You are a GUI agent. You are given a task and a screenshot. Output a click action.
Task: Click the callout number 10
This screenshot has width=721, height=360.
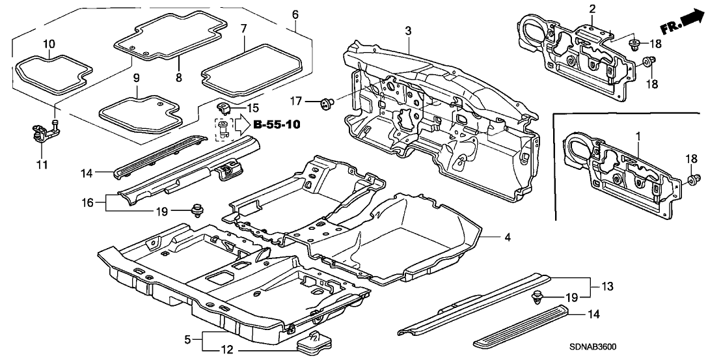49,44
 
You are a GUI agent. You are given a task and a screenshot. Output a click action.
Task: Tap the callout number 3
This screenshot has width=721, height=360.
407,31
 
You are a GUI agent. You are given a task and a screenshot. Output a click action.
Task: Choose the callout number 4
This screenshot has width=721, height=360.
508,238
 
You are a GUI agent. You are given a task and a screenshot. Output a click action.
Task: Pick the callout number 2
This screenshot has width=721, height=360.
592,8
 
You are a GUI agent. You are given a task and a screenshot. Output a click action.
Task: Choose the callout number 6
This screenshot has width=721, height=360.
295,14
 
